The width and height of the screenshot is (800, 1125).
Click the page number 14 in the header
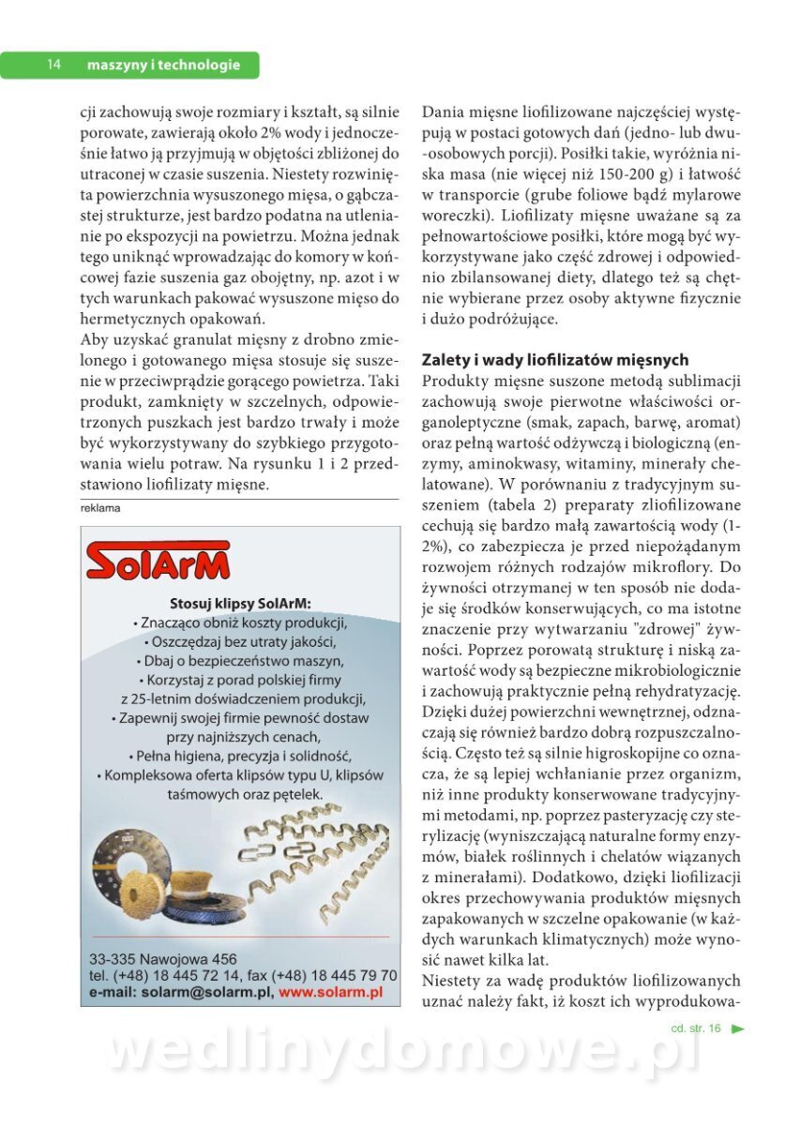pyautogui.click(x=54, y=65)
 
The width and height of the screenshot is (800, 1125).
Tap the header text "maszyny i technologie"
pyautogui.click(x=163, y=65)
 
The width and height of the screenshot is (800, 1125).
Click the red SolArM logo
pyautogui.click(x=158, y=562)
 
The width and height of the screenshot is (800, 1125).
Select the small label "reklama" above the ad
pyautogui.click(x=100, y=508)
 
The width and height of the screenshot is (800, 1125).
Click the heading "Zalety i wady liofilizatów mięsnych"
pyautogui.click(x=555, y=360)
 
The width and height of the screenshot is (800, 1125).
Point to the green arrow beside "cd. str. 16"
pyautogui.click(x=737, y=1028)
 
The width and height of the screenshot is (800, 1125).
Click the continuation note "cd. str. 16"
pyautogui.click(x=696, y=1028)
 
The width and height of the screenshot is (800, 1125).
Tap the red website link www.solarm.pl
pyautogui.click(x=330, y=992)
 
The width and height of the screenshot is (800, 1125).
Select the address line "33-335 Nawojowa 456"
pyautogui.click(x=163, y=959)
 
